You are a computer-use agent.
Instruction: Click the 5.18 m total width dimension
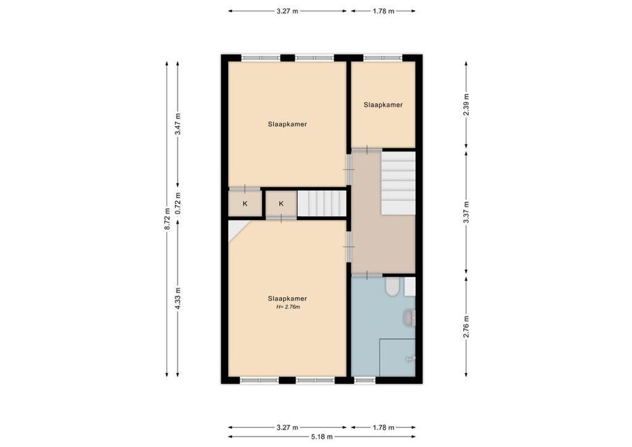point(322,436)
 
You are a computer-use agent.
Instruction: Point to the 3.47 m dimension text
point(178,124)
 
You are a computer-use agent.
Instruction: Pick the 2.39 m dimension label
point(467,104)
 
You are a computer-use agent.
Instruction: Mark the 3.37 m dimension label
point(467,212)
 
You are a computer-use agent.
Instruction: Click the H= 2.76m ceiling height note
point(287,307)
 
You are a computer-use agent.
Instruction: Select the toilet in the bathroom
point(392,287)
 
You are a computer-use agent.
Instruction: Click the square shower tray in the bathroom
point(397,358)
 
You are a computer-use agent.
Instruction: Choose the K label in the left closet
point(245,204)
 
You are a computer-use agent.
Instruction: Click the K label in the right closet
point(281,204)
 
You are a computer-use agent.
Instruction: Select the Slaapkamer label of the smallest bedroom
point(383,104)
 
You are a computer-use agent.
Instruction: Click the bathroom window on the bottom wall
point(365,380)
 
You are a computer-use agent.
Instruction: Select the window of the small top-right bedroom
point(383,57)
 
